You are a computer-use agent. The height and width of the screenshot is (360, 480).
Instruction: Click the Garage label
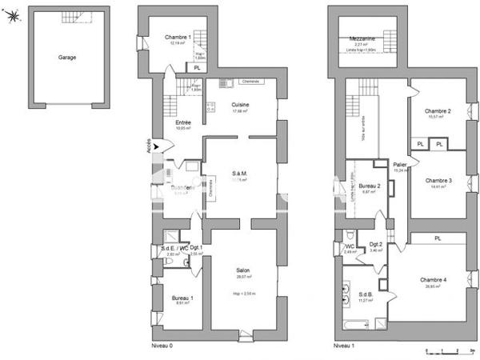[67, 58]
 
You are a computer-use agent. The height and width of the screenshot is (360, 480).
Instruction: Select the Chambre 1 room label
[177, 38]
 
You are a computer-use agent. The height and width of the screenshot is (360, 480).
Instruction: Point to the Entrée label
[182, 122]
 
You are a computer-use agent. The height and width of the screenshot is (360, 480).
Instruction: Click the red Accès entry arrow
[166, 146]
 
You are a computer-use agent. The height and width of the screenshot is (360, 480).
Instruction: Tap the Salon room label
[242, 270]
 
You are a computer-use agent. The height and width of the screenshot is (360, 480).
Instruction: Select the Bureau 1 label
[182, 298]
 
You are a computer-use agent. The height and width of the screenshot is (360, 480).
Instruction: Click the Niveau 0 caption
[162, 346]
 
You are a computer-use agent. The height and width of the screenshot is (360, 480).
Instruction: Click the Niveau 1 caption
[342, 346]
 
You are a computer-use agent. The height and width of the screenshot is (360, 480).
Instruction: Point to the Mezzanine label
[366, 38]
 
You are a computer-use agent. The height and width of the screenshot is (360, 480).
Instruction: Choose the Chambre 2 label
[438, 111]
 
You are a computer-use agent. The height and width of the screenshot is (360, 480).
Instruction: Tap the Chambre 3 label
[438, 181]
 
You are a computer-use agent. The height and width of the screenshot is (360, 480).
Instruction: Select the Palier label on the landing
[400, 164]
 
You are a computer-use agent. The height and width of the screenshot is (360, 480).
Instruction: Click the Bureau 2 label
[369, 186]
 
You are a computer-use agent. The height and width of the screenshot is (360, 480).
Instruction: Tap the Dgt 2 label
[375, 244]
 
